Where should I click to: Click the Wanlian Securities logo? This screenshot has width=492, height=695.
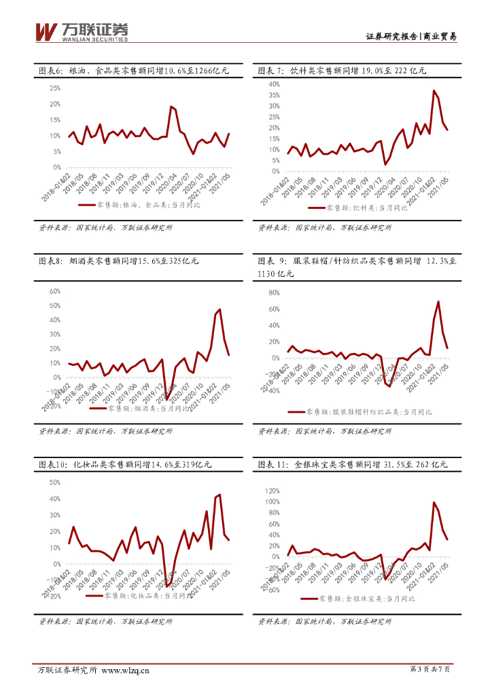point(81,32)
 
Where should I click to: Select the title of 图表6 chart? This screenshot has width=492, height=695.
point(132,71)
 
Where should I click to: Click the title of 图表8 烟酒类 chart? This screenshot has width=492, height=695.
point(118,261)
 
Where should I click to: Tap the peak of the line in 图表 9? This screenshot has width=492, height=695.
point(438,301)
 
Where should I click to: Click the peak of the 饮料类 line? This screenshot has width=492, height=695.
point(434,90)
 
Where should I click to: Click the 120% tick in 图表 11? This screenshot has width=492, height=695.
point(273,490)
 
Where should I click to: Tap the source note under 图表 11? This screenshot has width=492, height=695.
point(326,622)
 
